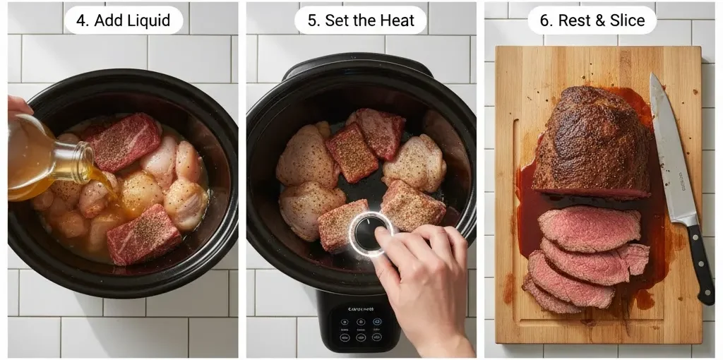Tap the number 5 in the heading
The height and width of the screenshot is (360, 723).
click(x=313, y=20)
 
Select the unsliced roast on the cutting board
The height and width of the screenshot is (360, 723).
click(x=593, y=145)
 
